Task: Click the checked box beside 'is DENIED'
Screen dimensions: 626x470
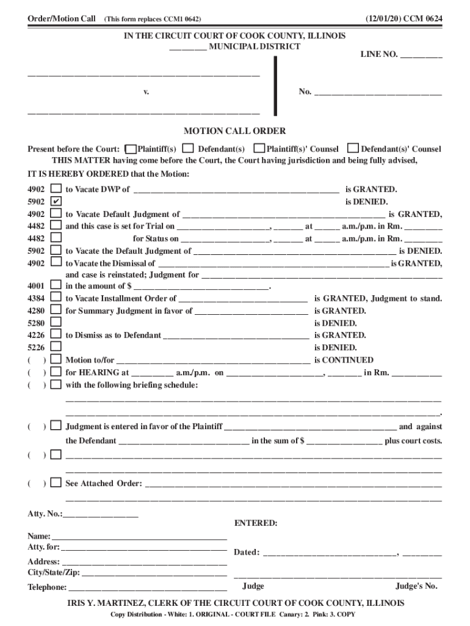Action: point(56,202)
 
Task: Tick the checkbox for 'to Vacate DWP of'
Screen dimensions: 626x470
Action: point(56,190)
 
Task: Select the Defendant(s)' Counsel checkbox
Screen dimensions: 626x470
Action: point(353,149)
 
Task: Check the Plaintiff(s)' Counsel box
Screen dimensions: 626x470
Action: point(259,149)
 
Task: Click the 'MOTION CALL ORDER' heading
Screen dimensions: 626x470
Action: point(235,131)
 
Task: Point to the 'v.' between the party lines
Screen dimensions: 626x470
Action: point(146,92)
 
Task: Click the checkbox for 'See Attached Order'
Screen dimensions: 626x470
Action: point(56,483)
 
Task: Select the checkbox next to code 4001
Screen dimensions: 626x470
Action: point(56,285)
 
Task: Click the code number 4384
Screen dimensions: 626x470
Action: point(36,298)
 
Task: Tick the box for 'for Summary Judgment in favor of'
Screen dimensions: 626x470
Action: point(56,311)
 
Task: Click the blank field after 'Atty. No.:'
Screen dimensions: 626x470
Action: point(101,514)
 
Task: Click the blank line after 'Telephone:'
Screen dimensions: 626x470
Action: point(148,587)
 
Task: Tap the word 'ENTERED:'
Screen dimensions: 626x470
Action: point(256,524)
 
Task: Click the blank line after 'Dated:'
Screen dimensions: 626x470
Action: point(330,553)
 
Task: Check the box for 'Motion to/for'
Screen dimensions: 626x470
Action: point(56,360)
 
